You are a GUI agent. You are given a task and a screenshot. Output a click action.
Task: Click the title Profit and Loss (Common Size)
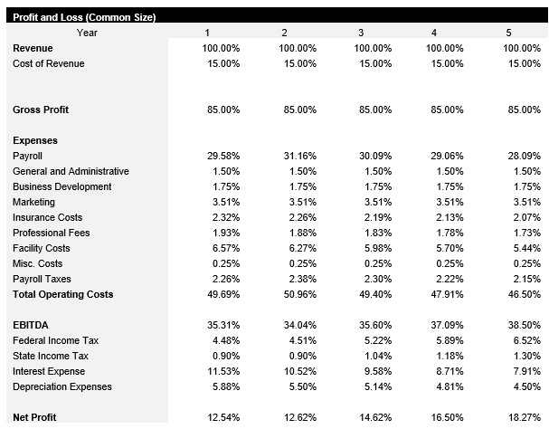pos(84,18)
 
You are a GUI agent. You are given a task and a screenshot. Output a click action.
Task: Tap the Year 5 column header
pos(508,33)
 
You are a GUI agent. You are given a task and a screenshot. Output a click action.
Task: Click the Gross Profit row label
pos(41,110)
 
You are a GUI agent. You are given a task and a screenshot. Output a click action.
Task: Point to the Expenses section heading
pos(35,141)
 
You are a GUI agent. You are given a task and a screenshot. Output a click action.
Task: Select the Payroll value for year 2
pos(298,157)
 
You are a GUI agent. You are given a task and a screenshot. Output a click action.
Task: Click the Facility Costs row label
pos(42,249)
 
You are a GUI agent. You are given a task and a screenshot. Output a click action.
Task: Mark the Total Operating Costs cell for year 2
pos(298,295)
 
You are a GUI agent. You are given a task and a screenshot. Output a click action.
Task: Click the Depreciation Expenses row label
pos(62,387)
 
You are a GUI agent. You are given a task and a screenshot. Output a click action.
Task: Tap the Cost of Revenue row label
pos(49,64)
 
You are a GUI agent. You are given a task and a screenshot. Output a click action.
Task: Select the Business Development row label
pos(62,187)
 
